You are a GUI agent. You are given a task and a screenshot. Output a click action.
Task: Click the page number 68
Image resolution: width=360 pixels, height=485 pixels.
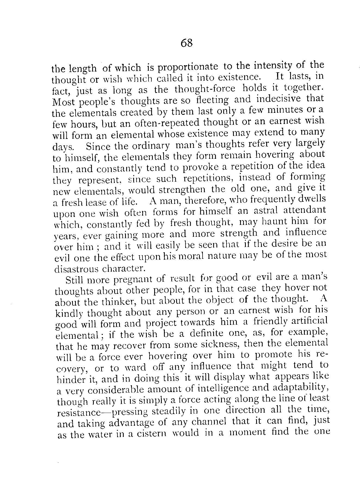(x=186, y=43)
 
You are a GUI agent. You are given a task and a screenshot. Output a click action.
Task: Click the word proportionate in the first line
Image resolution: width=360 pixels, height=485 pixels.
(x=188, y=67)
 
